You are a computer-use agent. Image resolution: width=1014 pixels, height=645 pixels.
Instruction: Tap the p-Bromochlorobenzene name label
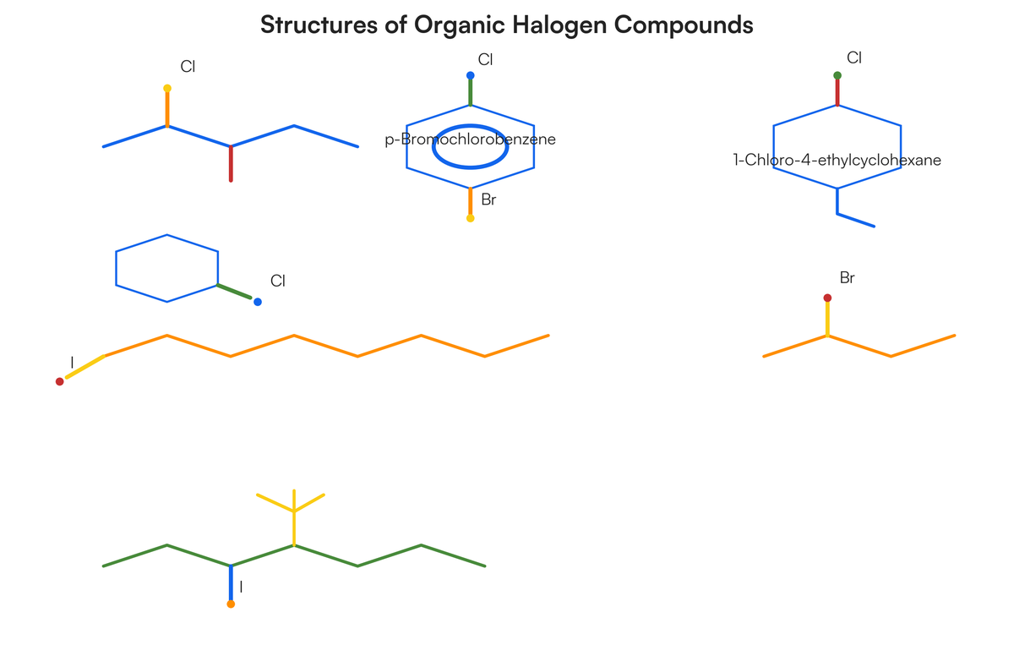[470, 139]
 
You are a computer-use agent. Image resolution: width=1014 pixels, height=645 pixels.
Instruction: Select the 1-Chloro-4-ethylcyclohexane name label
[837, 160]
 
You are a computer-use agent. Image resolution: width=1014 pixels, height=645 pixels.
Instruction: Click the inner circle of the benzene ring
[470, 125]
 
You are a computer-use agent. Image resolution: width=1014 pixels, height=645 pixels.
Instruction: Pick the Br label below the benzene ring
[488, 200]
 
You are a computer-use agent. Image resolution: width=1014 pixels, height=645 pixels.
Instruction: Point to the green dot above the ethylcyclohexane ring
[837, 75]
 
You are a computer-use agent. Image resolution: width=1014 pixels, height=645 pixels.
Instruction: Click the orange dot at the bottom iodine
[231, 604]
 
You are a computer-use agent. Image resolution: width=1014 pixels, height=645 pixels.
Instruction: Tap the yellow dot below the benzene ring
[471, 218]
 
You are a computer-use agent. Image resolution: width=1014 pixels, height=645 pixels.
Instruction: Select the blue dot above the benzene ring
[471, 75]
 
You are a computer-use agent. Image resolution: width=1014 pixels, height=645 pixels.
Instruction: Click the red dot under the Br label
[827, 298]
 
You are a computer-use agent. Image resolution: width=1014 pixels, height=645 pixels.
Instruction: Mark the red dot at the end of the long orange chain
[59, 381]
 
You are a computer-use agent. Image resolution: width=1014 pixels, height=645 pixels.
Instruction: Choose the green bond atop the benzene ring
[471, 92]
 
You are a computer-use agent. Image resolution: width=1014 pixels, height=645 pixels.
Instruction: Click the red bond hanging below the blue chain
[231, 163]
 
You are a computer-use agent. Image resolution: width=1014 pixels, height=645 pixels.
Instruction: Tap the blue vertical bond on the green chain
[231, 583]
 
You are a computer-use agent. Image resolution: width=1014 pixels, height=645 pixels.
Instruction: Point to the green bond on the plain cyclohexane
[235, 292]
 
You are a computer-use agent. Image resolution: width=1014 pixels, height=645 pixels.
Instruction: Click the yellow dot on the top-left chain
[167, 88]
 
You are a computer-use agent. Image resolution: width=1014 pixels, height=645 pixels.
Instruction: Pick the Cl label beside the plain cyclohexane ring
[277, 281]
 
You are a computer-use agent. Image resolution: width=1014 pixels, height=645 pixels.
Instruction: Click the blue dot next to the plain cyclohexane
[258, 302]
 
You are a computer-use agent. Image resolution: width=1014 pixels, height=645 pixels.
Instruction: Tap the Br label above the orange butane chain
[847, 277]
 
